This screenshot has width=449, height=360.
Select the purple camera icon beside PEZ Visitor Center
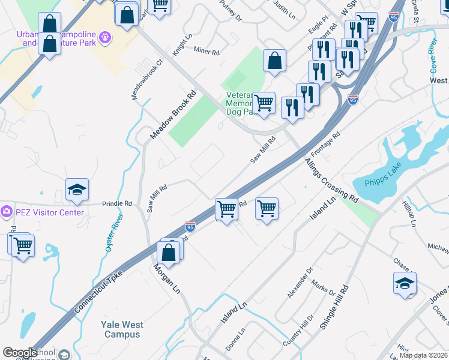click(7, 211)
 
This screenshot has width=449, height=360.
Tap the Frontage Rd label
click(325, 145)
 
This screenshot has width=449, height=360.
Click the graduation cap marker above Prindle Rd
click(77, 190)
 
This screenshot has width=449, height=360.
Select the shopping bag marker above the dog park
click(274, 61)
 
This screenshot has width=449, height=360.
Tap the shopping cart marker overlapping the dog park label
click(264, 103)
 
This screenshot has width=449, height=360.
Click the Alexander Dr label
click(300, 283)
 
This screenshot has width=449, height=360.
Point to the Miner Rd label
click(206, 52)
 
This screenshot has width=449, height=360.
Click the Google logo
click(20, 353)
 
